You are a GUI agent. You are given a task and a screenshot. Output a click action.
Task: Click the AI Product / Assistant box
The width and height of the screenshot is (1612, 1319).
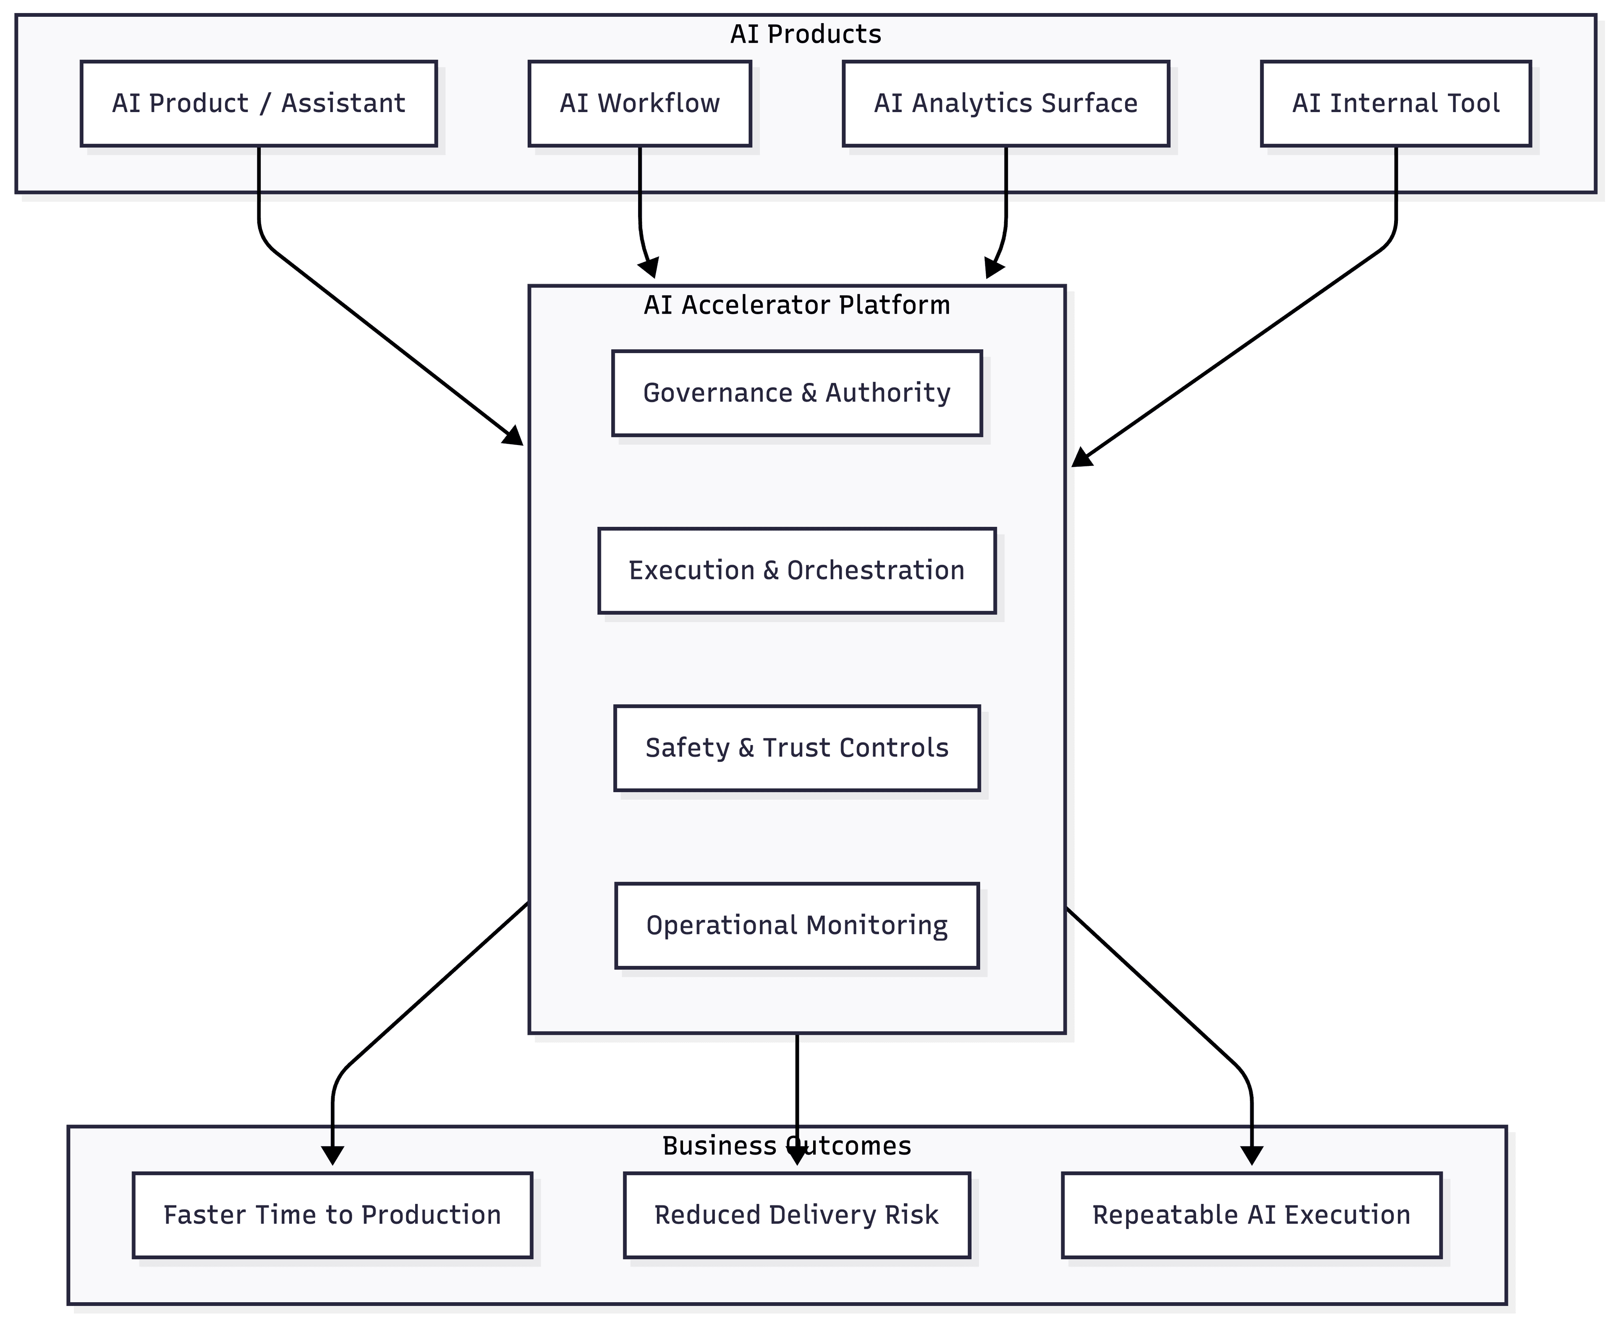[x=258, y=103]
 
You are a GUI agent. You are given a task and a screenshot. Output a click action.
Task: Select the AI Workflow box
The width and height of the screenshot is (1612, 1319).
[x=640, y=103]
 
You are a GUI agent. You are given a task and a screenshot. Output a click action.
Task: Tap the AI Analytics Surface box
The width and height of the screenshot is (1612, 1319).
[x=1006, y=103]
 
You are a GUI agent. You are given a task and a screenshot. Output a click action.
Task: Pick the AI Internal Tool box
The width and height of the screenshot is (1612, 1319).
[x=1395, y=103]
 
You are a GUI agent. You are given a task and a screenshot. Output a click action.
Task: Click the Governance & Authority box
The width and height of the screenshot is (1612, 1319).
[x=797, y=393]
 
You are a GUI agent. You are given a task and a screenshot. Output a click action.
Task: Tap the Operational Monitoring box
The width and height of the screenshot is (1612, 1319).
[x=797, y=925]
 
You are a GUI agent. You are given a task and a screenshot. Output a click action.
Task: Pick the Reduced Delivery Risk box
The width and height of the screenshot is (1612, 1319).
[x=797, y=1215]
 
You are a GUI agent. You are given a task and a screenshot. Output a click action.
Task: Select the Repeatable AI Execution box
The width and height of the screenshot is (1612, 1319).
[x=1251, y=1215]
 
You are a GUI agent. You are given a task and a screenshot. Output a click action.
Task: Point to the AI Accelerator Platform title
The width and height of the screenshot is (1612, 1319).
[x=797, y=305]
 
